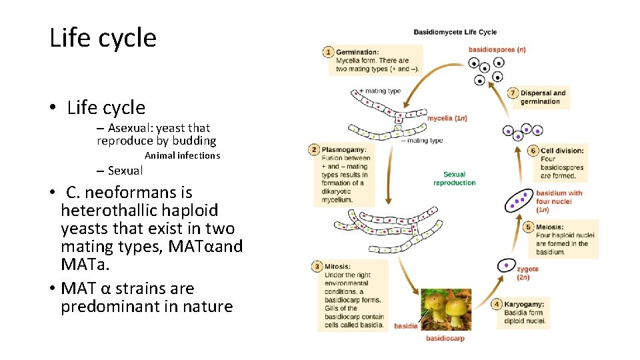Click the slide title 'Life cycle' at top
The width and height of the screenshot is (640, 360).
[103, 38]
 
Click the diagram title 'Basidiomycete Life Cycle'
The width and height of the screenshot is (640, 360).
[455, 32]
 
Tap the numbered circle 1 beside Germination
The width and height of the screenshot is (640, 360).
[328, 52]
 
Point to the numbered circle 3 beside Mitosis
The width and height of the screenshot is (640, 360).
[317, 267]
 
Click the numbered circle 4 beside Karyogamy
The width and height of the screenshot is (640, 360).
[497, 304]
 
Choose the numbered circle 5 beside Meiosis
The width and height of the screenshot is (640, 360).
[529, 227]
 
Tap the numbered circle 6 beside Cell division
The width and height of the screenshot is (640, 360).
[533, 151]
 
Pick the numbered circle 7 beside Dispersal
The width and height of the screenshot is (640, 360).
[513, 93]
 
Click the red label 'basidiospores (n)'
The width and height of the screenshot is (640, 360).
[497, 49]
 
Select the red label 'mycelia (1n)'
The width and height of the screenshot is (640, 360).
[447, 119]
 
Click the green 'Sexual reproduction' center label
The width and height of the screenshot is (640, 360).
[454, 179]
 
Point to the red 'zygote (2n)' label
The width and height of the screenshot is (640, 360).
[527, 273]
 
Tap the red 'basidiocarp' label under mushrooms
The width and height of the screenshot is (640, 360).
[445, 338]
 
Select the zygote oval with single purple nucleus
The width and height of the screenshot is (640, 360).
[507, 265]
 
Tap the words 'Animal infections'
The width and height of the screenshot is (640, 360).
[182, 155]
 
